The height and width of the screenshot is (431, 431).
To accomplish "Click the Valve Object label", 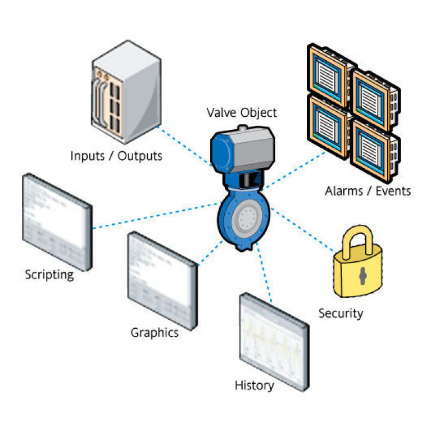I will pos(242,112).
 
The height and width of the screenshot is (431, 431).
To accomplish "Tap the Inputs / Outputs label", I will pos(116,156).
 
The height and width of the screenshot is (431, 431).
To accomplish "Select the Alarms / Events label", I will pos(368,191).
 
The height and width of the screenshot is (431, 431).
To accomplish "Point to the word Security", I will pos(341,313).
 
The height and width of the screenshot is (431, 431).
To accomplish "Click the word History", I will pos(254,385).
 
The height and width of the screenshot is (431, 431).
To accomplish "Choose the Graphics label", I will pos(155,333).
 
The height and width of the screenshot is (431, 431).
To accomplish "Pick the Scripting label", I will pos(49,275).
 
